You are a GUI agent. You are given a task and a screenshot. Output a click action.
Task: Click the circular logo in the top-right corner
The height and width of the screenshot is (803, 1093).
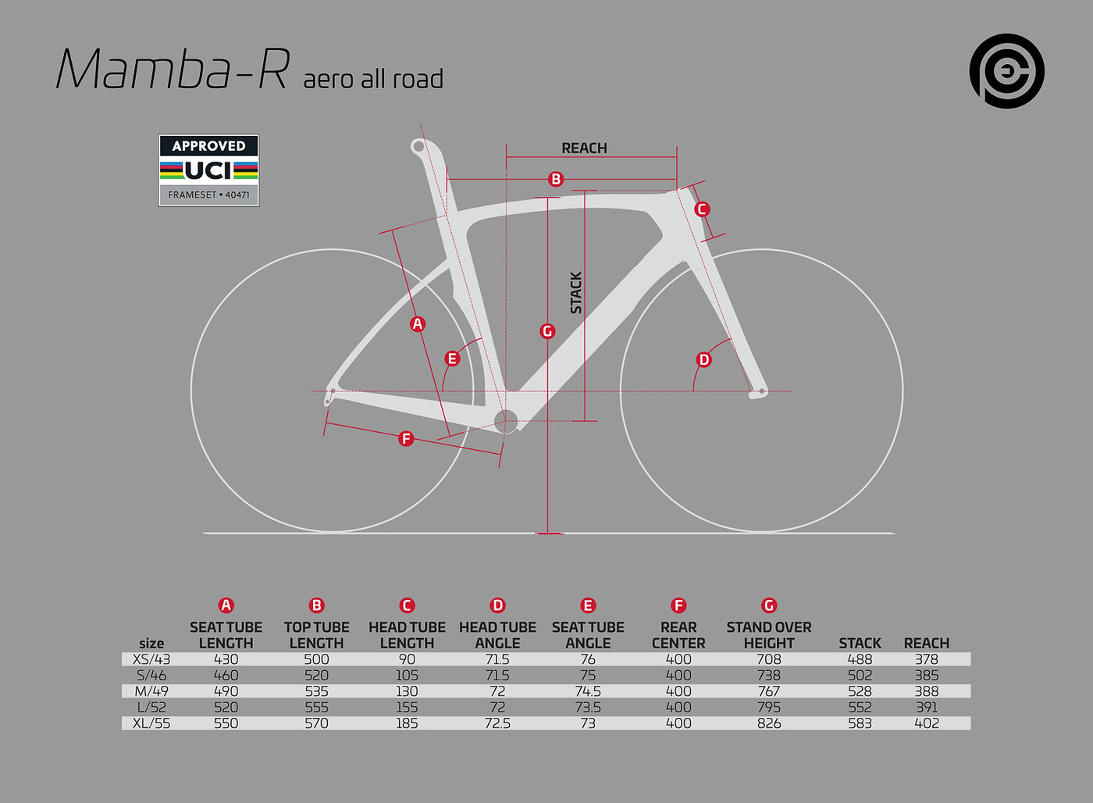point(1006,71)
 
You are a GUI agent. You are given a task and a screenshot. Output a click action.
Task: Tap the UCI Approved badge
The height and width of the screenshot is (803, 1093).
point(209,170)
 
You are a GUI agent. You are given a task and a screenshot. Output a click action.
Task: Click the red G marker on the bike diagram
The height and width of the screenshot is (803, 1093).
point(547,331)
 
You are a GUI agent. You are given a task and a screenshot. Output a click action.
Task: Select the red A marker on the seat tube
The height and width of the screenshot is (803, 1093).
point(417,323)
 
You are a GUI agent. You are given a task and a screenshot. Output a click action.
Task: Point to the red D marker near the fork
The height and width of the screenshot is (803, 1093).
point(703,360)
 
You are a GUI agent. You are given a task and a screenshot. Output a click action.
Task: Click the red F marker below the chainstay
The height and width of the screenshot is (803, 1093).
point(406,438)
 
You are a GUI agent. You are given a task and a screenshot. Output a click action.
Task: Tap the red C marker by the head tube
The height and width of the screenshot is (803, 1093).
point(702,209)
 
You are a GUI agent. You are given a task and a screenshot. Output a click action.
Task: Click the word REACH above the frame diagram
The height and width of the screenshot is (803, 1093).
point(584,148)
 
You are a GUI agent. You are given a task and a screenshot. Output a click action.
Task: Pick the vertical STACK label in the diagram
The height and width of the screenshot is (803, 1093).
point(576,292)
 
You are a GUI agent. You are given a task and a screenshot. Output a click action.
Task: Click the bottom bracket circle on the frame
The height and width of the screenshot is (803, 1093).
point(506,421)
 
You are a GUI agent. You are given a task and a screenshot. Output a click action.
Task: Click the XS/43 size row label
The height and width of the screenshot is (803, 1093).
point(151,659)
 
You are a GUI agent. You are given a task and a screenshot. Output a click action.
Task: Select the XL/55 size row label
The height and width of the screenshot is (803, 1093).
point(151,723)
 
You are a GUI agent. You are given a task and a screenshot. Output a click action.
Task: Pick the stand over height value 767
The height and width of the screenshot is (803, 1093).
point(769,691)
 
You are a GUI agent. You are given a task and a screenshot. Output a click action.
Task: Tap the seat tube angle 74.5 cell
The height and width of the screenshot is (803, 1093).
point(588,691)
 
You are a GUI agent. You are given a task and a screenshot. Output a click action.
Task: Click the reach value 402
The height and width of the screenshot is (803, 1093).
point(927,723)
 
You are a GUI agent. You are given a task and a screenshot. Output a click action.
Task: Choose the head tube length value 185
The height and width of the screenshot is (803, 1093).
point(407,723)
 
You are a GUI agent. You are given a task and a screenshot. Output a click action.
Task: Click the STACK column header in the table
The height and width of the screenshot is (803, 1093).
point(860,644)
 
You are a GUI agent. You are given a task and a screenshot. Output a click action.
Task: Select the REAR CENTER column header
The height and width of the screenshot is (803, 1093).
point(678,635)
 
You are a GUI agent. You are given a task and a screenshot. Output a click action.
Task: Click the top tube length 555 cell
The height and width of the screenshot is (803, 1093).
point(317,708)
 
